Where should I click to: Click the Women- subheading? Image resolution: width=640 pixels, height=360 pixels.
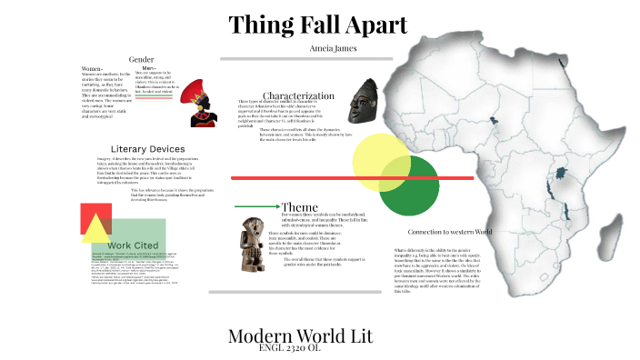(92, 69)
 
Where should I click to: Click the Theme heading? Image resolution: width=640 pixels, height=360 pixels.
(299, 206)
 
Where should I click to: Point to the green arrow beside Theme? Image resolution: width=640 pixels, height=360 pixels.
(255, 206)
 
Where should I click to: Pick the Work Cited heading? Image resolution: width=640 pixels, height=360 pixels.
(131, 245)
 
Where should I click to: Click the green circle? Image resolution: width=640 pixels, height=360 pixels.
(409, 186)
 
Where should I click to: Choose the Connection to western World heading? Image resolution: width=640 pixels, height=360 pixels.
(454, 232)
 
